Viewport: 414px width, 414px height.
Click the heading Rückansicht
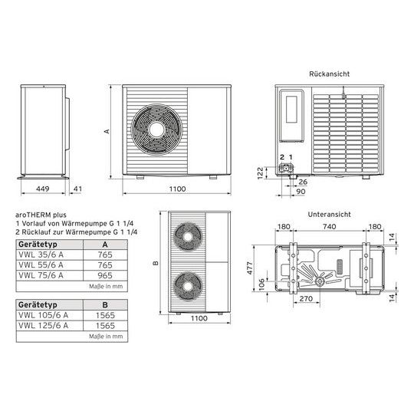(330, 74)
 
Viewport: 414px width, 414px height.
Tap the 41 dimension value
(77, 187)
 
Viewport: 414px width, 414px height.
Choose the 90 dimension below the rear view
(302, 191)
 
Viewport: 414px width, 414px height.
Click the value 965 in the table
(104, 274)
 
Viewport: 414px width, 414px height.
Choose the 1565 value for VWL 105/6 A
(104, 314)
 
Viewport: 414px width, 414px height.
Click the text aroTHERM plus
(41, 215)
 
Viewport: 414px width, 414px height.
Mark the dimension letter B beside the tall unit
(155, 264)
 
